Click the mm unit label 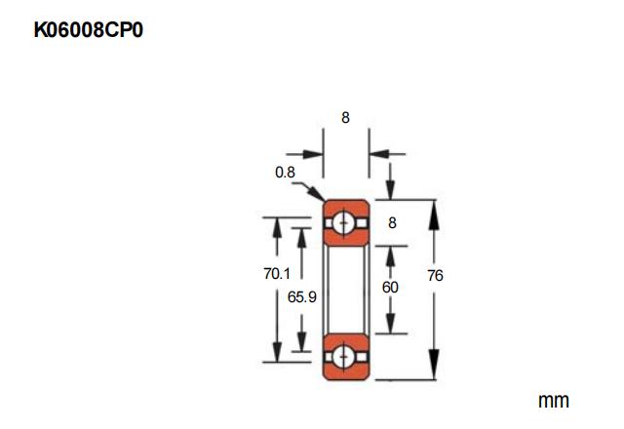tap(553, 401)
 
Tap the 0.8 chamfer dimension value tap(285, 173)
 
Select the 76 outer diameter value tap(435, 276)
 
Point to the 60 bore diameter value tap(391, 288)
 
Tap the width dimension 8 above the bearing tap(345, 118)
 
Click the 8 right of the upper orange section tap(392, 222)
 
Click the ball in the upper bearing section tap(345, 222)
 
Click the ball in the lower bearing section tap(345, 356)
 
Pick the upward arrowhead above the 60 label tap(391, 253)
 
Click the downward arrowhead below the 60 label tap(391, 326)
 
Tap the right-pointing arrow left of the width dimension tap(315, 153)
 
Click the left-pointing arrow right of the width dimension tap(377, 153)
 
